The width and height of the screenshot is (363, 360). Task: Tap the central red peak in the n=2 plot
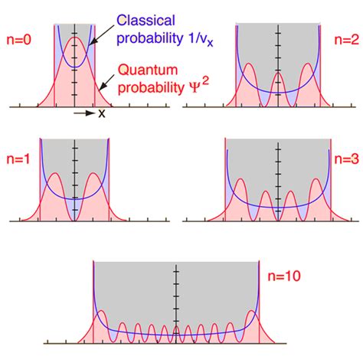tap(279, 74)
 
